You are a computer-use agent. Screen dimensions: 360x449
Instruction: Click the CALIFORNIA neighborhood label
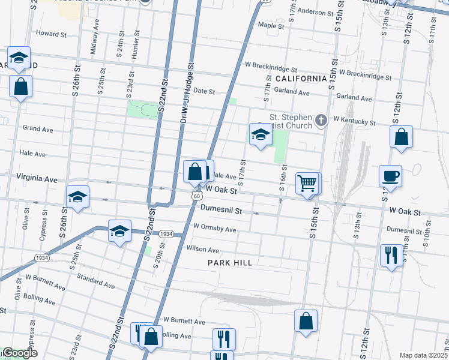click(301, 79)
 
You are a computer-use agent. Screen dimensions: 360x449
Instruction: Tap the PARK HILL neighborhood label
click(230, 263)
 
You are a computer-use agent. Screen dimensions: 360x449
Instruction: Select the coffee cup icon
click(390, 176)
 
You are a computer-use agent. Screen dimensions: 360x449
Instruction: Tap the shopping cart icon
click(307, 182)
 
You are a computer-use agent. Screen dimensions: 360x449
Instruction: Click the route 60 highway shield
click(197, 196)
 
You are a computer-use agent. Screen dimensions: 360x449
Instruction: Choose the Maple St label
click(271, 26)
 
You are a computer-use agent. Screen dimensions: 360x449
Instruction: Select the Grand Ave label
click(38, 129)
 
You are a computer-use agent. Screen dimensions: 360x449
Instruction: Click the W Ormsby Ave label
click(214, 229)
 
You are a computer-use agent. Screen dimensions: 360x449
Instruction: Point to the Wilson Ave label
click(203, 249)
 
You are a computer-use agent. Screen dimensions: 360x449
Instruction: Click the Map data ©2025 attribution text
click(423, 355)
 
